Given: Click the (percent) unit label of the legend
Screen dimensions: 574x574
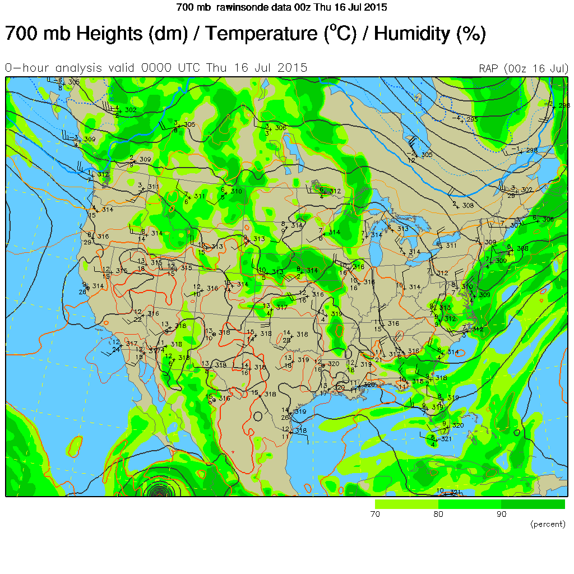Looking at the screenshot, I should click(x=548, y=524).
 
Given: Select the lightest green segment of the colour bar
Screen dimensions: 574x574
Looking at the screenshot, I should click(x=406, y=504).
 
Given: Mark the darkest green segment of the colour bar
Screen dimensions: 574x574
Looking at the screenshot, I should click(x=533, y=504).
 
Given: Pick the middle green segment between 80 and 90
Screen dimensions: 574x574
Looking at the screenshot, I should click(x=469, y=504).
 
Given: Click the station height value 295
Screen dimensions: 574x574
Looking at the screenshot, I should click(x=471, y=119).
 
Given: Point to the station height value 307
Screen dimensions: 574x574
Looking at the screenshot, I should click(x=515, y=225).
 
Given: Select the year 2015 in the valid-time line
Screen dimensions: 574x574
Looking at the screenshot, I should click(x=295, y=68).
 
